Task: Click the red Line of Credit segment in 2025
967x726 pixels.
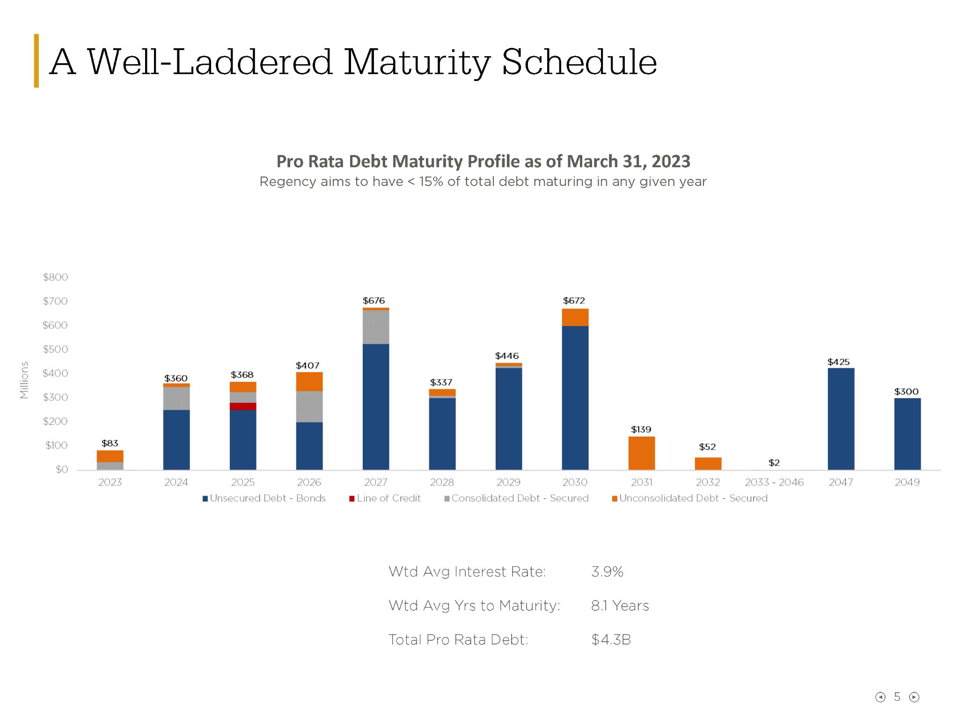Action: coord(243,406)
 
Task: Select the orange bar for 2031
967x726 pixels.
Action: coord(642,453)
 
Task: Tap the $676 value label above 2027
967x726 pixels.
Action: coord(374,300)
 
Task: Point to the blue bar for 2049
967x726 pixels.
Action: coord(908,434)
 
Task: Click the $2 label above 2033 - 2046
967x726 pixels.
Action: coord(774,463)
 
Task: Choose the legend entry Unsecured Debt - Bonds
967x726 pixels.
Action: coord(264,498)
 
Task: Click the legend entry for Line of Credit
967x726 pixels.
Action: coord(385,498)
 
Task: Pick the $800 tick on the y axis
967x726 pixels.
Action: coord(55,277)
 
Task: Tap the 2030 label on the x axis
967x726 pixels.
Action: coord(575,482)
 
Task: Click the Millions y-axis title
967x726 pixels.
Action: coord(24,380)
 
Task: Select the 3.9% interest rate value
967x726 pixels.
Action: coord(607,571)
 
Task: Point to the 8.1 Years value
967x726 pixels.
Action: coord(620,606)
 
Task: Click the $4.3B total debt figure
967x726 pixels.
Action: coord(611,639)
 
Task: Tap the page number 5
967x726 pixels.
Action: coord(897,696)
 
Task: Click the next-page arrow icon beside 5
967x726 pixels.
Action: coord(914,697)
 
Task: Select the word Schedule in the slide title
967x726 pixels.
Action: coord(579,62)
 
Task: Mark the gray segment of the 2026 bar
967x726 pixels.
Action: coord(309,407)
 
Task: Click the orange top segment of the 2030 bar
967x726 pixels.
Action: coord(575,317)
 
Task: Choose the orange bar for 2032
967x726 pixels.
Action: coord(708,464)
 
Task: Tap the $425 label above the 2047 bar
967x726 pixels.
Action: coord(838,362)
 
